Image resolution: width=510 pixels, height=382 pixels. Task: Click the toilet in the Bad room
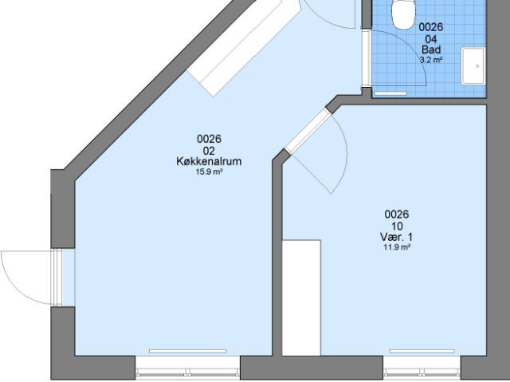click(404, 14)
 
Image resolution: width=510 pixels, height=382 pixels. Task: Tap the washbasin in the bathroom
click(473, 66)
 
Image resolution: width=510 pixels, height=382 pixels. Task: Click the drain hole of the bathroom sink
click(477, 66)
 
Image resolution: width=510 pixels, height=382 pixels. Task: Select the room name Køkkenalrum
click(209, 161)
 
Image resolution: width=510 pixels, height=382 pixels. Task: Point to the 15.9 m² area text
click(209, 171)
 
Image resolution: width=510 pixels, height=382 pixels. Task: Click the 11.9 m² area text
click(397, 247)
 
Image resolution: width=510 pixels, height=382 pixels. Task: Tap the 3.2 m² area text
click(431, 60)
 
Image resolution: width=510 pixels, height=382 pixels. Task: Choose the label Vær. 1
click(397, 237)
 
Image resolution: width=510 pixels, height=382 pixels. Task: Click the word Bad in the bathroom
click(431, 49)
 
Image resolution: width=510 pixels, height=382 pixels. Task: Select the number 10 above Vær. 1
click(397, 226)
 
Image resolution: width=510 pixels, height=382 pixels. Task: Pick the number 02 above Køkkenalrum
click(209, 151)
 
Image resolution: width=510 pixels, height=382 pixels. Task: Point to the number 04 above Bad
click(431, 39)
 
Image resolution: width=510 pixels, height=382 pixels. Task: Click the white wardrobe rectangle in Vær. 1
click(301, 297)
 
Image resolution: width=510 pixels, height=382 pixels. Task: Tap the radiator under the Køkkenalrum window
click(188, 351)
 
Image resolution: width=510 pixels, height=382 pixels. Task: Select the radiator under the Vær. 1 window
click(422, 351)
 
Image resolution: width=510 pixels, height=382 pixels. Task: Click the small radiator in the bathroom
click(390, 94)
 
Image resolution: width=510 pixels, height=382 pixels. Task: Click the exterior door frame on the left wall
click(57, 278)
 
